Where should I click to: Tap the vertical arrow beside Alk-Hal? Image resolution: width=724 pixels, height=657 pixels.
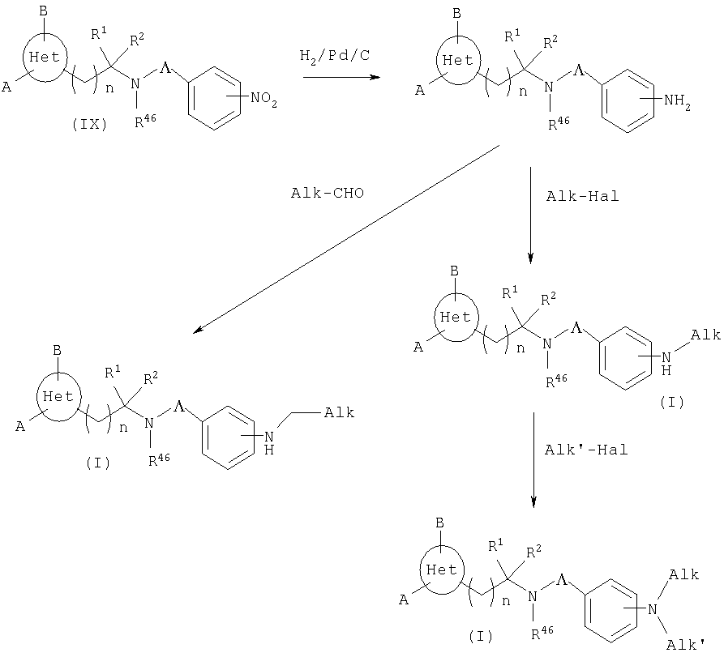pos(530,215)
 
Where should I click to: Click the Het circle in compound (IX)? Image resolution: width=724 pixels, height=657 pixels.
pos(41,57)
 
